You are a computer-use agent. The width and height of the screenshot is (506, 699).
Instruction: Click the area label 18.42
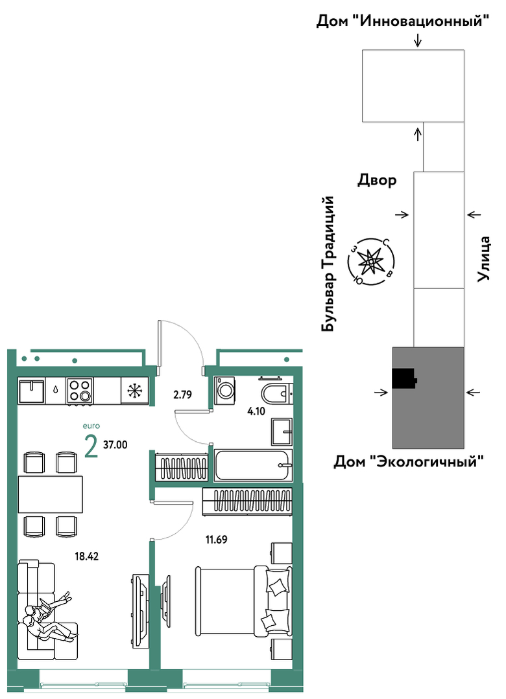click(86, 556)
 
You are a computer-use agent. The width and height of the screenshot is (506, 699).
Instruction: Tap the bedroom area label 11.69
click(216, 540)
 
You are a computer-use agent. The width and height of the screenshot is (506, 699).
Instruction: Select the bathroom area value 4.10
click(256, 411)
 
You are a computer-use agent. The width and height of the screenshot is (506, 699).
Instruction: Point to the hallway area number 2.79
click(182, 395)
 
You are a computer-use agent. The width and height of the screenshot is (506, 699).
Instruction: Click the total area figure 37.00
click(115, 444)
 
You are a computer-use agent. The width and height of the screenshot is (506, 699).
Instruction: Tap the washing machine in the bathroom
click(223, 391)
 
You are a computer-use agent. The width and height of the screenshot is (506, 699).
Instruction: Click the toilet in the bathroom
click(276, 391)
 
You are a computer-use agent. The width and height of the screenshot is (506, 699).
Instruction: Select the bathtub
click(253, 465)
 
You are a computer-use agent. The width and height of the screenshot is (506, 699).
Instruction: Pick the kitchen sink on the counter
click(31, 391)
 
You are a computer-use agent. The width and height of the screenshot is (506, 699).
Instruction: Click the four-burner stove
click(80, 391)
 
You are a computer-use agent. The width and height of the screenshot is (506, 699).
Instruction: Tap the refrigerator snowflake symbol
click(134, 391)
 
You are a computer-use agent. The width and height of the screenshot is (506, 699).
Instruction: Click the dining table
click(51, 494)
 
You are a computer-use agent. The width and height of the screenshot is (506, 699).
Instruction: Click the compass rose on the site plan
click(371, 262)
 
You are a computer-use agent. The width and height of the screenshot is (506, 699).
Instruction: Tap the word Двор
click(377, 180)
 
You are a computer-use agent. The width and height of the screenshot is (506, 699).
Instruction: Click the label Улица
click(484, 258)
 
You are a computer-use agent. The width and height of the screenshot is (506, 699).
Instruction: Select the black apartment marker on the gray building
click(404, 378)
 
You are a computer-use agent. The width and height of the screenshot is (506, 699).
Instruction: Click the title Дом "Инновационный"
click(403, 21)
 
